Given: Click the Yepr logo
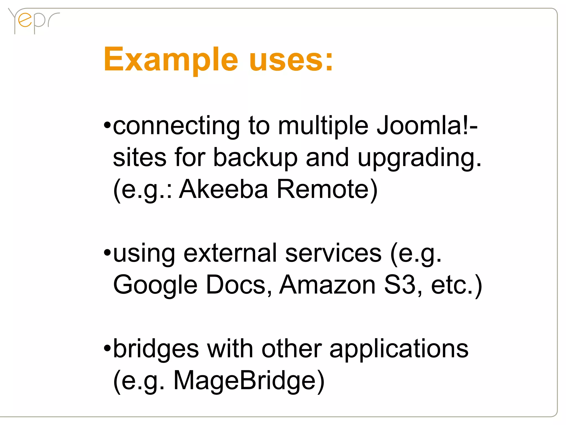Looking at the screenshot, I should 33,21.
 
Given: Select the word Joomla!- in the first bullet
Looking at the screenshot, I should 427,126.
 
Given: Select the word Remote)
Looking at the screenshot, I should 327,190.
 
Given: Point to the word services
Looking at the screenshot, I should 333,253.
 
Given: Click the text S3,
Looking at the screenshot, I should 403,285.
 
